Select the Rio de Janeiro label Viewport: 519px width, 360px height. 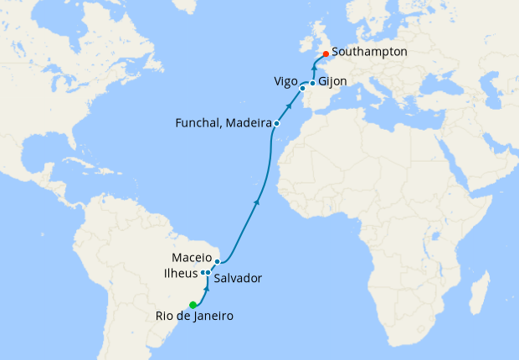tap(194, 316)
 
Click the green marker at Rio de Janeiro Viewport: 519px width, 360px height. tap(193, 304)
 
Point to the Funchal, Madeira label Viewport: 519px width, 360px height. tap(223, 123)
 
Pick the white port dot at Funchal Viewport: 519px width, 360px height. tap(276, 124)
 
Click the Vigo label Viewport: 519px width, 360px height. tap(285, 81)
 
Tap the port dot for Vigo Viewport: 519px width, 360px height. tap(302, 87)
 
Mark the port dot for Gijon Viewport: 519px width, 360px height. tap(312, 83)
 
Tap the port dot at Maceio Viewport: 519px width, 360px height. tap(217, 262)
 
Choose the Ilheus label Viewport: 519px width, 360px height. tap(182, 273)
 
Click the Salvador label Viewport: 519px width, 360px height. tap(238, 278)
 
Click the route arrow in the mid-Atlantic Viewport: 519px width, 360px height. tap(256, 202)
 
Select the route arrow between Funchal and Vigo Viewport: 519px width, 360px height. tap(290, 105)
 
